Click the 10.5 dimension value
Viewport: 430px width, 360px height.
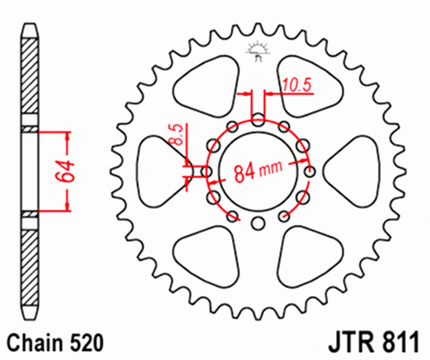(297, 85)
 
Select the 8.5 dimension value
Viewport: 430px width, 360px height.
(177, 134)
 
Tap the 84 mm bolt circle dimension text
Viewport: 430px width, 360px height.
(258, 172)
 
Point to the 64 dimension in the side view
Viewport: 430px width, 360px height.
(64, 171)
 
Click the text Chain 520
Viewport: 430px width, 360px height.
(56, 343)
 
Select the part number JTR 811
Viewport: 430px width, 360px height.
(374, 342)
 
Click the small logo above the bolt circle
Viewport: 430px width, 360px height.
(258, 51)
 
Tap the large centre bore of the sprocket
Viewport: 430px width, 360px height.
(259, 172)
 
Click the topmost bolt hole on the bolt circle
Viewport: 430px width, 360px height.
(258, 121)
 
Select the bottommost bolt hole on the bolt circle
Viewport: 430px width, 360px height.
(258, 224)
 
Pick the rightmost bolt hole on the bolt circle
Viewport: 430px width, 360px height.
(310, 172)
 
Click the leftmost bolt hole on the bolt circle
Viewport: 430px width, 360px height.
(207, 172)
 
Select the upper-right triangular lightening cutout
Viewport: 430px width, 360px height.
(310, 87)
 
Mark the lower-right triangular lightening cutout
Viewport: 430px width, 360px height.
(310, 257)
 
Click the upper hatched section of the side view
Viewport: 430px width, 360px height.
(30, 76)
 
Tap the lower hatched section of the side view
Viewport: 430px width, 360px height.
(30, 268)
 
